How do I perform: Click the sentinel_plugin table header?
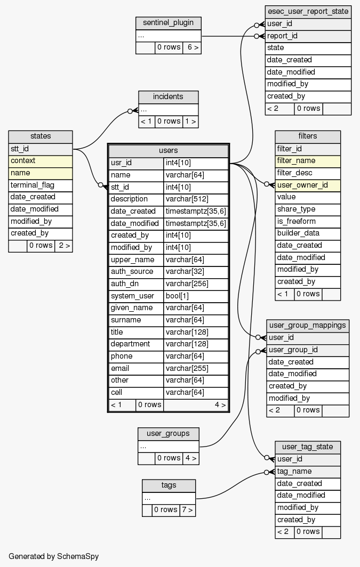tap(169, 23)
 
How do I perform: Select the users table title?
tap(169, 150)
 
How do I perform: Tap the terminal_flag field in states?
tap(41, 185)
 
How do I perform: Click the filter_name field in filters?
tap(307, 160)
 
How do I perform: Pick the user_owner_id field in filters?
tap(307, 185)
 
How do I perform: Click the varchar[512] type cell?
tap(196, 199)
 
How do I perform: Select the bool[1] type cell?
tap(196, 296)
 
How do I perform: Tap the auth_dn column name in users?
tap(136, 283)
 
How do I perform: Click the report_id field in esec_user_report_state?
tap(308, 36)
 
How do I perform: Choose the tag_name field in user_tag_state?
tap(308, 471)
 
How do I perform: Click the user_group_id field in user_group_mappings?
tap(308, 350)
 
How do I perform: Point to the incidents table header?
tap(168, 96)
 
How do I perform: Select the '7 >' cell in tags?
tap(187, 510)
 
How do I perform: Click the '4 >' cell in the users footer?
tap(220, 404)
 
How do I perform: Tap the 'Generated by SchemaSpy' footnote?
tap(53, 556)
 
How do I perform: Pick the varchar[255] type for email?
tap(196, 368)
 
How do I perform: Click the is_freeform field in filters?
tap(307, 221)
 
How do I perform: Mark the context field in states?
tap(41, 160)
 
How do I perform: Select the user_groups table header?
tap(169, 433)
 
